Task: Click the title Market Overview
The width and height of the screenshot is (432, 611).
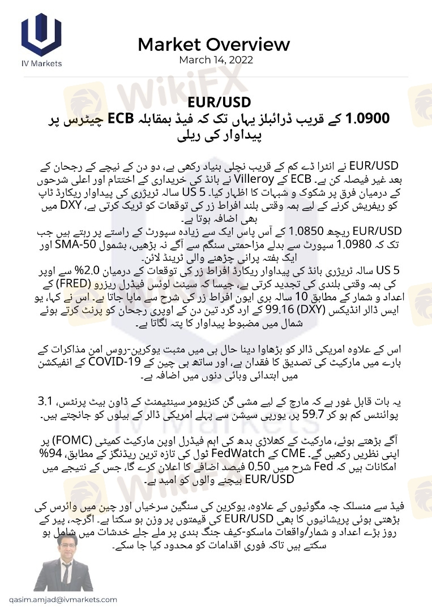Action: tap(213, 44)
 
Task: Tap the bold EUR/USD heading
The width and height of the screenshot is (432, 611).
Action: tap(216, 103)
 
